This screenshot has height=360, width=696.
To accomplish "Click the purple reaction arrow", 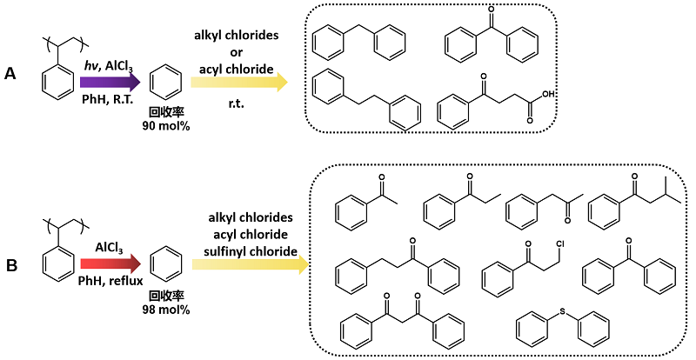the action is (x=110, y=82).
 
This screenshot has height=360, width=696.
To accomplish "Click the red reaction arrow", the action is (x=110, y=264).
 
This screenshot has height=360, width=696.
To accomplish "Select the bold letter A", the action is (x=10, y=74).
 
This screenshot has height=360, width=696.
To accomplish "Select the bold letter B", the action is (x=10, y=265).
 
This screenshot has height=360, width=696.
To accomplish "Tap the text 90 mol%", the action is (x=166, y=126).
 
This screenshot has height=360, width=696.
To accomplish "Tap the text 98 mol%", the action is (x=166, y=310).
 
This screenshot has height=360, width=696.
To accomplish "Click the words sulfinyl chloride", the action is (x=251, y=251).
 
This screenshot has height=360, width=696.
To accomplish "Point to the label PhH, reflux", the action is (x=110, y=281).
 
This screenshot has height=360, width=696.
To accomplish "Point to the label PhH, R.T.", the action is (x=107, y=99).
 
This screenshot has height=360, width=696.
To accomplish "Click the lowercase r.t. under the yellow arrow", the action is (x=236, y=105).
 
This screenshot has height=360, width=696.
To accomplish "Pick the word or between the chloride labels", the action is (x=236, y=52).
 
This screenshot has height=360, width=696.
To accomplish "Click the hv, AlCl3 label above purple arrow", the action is (x=108, y=66).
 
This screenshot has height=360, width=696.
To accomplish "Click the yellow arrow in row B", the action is (x=251, y=264).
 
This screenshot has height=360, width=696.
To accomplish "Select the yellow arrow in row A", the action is (x=239, y=82).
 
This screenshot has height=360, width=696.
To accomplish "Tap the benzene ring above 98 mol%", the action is (x=166, y=265).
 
